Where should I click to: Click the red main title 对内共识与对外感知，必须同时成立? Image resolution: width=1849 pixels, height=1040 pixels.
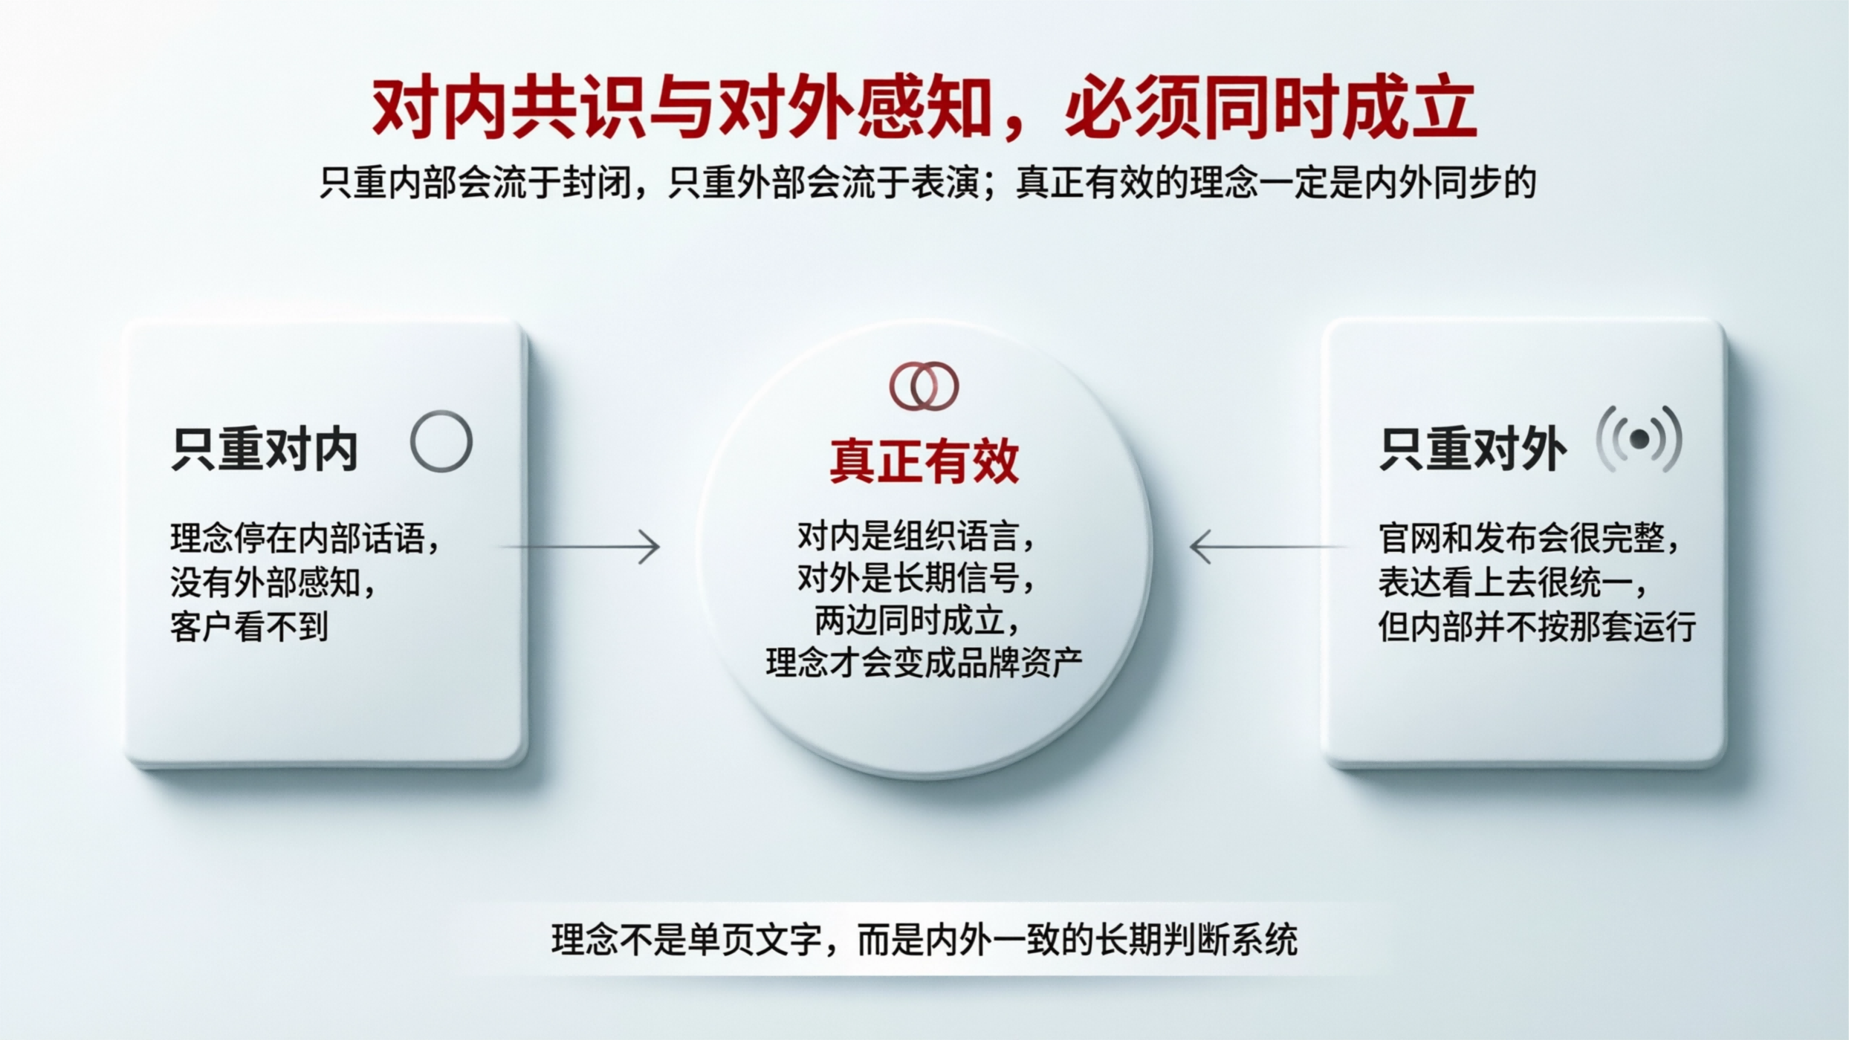(x=924, y=108)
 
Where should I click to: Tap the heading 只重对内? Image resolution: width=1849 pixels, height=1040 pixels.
(x=265, y=449)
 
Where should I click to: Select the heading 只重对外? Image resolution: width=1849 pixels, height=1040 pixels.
(x=1472, y=449)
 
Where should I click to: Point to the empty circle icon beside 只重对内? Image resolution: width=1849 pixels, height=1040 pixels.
(x=441, y=441)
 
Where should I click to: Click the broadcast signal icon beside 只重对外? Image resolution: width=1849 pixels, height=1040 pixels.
(x=1639, y=440)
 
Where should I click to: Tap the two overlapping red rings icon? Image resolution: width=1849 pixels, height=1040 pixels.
(x=924, y=386)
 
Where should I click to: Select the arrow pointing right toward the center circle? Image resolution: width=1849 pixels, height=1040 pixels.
(x=580, y=547)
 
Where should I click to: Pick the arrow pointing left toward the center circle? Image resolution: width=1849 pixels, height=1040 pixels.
(x=1268, y=547)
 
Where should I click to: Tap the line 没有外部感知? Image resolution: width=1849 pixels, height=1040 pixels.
(x=273, y=583)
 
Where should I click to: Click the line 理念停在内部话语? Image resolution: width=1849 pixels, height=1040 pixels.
(x=305, y=539)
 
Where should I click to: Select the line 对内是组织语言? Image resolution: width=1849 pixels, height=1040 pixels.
(x=916, y=536)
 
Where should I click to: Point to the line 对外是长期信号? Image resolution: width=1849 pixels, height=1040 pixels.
(x=916, y=579)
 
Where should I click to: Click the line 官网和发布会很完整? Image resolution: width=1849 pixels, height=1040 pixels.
(x=1529, y=539)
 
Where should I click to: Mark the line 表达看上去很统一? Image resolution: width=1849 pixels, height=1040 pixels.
(x=1513, y=583)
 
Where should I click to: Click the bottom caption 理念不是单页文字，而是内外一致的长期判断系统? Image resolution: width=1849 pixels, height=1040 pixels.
(x=924, y=940)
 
